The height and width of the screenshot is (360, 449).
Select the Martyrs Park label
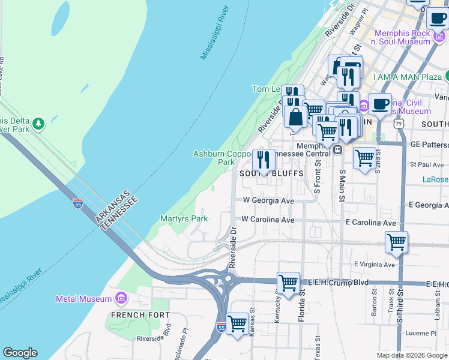pos(184,219)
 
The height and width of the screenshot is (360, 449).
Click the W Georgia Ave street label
pos(268,200)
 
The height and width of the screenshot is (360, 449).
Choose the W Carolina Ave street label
pos(268,220)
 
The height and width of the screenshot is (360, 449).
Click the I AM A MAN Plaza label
pos(407,77)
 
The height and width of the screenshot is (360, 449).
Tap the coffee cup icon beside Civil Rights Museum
pos(380,104)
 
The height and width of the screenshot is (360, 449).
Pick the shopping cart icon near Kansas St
pos(238,323)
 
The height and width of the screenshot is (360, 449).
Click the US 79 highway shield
pos(398,123)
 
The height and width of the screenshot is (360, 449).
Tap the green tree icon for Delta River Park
pos(39,123)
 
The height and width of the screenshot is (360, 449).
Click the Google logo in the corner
pos(20,353)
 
